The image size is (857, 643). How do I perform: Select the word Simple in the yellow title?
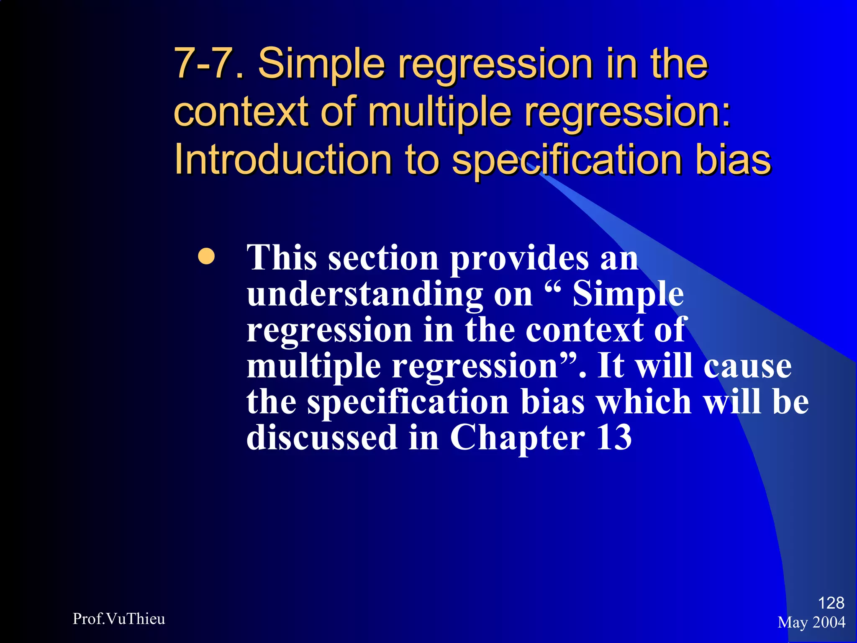[321, 64]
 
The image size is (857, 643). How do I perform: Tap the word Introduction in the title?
[282, 159]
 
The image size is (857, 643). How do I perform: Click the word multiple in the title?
[439, 112]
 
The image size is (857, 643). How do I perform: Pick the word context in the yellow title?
[241, 112]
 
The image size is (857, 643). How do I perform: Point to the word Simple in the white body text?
[628, 294]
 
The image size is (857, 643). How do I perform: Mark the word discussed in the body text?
[322, 437]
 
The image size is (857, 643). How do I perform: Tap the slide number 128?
[831, 603]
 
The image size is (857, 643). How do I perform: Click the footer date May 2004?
[811, 622]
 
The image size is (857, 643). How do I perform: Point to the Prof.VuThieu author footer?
[119, 619]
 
